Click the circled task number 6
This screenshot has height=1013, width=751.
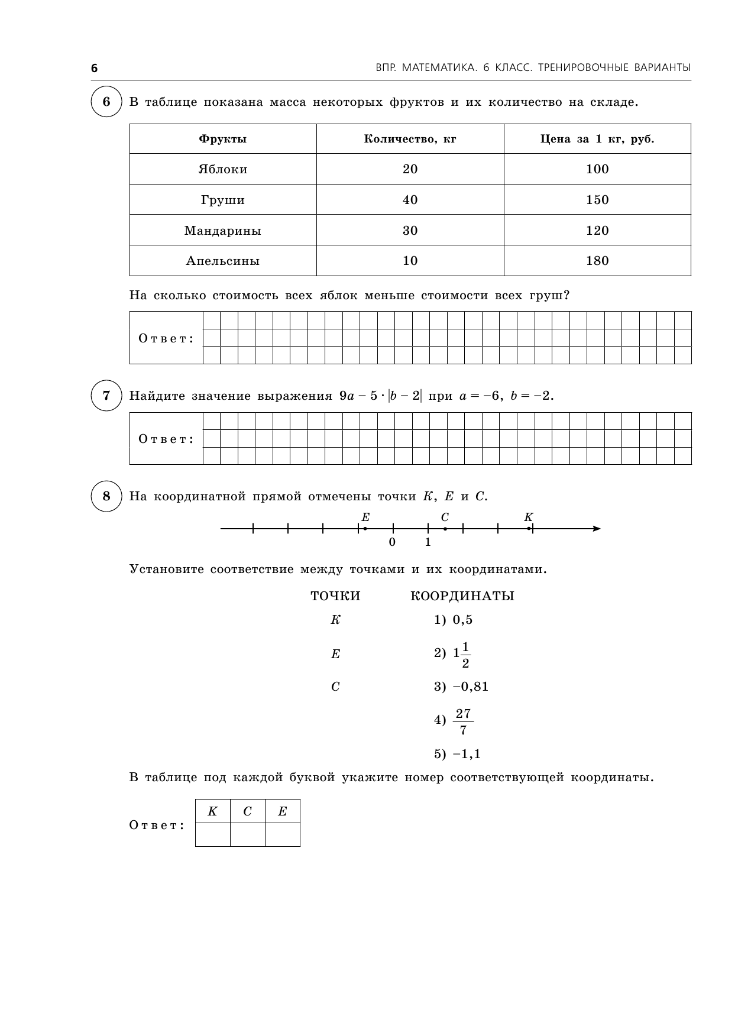point(106,102)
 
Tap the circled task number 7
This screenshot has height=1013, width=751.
point(106,396)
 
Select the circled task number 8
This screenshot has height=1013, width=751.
point(106,496)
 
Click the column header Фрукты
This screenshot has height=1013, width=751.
point(223,139)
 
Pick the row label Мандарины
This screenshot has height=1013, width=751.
point(223,231)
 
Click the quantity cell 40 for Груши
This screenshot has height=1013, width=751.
point(410,200)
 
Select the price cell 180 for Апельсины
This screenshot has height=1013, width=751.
point(597,261)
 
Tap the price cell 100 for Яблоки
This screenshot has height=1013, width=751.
point(597,169)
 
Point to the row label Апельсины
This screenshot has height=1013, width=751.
point(223,261)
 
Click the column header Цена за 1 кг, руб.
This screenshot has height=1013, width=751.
point(597,139)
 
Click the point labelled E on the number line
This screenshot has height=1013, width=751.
point(365,529)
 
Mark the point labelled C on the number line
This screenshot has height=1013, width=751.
point(445,529)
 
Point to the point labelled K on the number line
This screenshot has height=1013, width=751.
point(529,529)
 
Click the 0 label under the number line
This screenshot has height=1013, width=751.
point(392,542)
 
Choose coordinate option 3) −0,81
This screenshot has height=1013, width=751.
point(461,687)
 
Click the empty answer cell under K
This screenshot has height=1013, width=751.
point(212,834)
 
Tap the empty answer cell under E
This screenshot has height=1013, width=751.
point(282,834)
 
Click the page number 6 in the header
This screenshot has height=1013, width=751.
point(94,68)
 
